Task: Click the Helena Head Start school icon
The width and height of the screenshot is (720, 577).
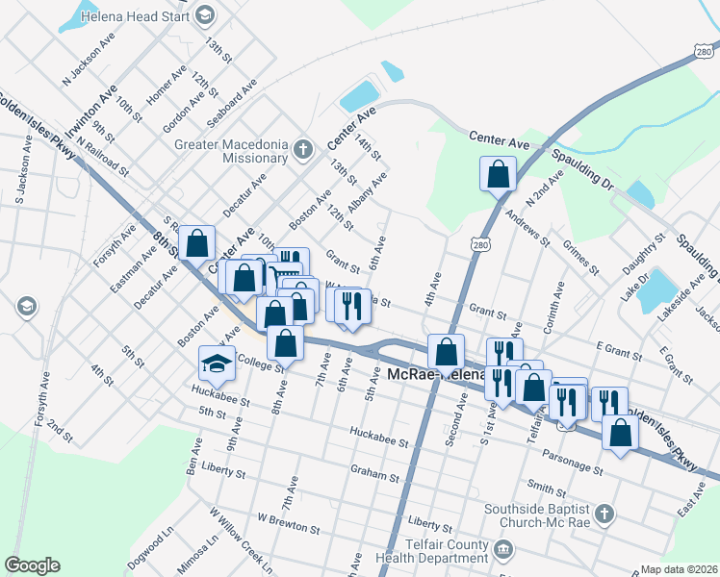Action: coord(204,14)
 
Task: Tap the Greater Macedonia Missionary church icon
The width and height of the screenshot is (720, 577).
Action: coord(304,150)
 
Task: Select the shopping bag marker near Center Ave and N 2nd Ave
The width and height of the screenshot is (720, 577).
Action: coord(498,175)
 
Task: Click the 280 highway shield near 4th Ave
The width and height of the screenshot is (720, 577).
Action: coord(480,246)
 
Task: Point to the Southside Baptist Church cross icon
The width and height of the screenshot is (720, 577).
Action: coord(604,514)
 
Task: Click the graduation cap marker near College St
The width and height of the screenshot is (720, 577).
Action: coord(217,363)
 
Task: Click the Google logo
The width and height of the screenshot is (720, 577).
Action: coord(32,565)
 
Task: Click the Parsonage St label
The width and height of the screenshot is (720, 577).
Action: coord(571,469)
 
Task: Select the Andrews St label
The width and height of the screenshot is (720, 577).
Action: coord(528,229)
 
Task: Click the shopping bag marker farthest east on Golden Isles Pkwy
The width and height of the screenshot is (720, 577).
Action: coord(620,434)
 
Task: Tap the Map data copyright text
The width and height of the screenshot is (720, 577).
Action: coord(680,569)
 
